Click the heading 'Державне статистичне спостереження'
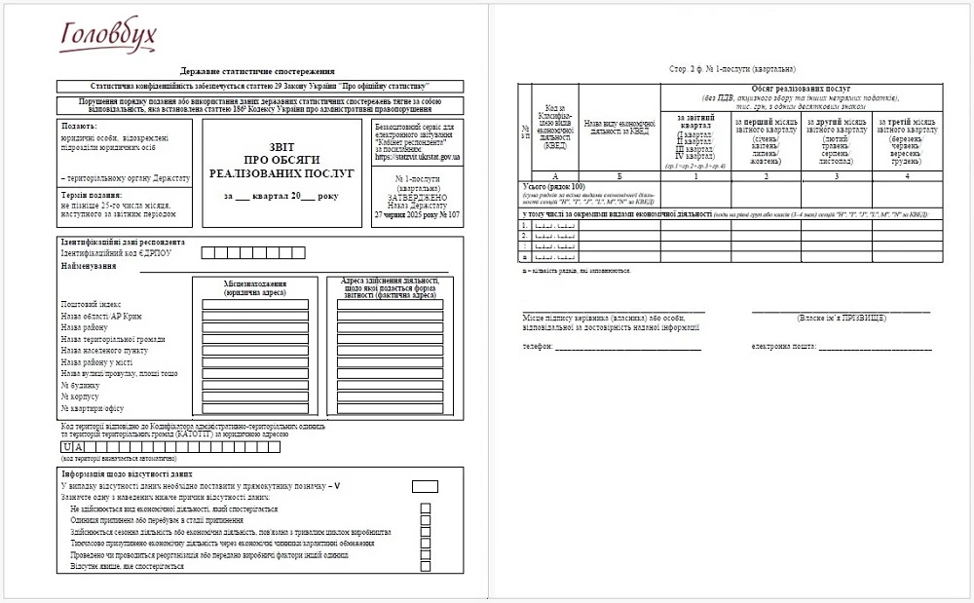point(257,71)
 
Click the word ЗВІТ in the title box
point(281,146)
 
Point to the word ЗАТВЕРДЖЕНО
point(417,195)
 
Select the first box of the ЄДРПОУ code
point(206,253)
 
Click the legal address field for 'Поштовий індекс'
point(255,304)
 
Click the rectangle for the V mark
point(425,486)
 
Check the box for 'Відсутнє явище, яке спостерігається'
point(425,567)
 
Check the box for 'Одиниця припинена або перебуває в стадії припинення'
point(425,520)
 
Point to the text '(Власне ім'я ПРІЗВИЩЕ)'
point(841,319)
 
